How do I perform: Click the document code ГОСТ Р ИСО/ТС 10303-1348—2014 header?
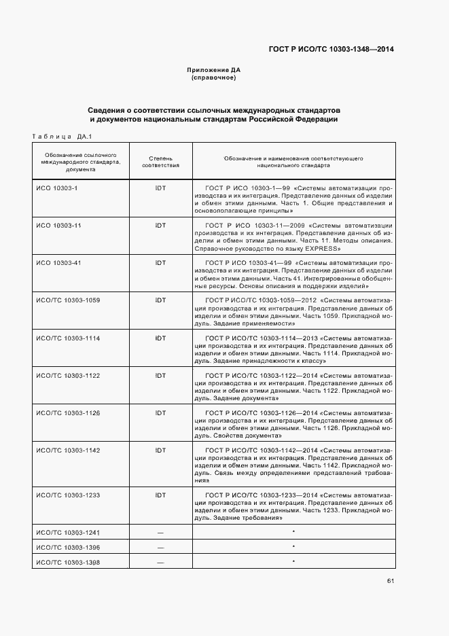(331, 49)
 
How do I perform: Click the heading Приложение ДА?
(214, 70)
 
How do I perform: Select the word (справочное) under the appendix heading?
(214, 78)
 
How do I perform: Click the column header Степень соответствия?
(160, 161)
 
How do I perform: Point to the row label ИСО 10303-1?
(57, 188)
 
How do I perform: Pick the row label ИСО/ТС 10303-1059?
(68, 300)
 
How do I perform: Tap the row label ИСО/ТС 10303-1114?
(68, 338)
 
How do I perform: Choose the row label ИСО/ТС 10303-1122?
(68, 375)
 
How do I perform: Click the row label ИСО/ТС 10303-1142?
(68, 450)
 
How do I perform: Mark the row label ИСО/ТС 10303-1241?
(68, 532)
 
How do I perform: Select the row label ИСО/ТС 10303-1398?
(68, 562)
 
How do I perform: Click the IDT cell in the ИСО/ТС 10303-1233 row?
(160, 495)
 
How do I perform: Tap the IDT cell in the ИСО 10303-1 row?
(160, 188)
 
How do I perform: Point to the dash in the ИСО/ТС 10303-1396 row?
(160, 547)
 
